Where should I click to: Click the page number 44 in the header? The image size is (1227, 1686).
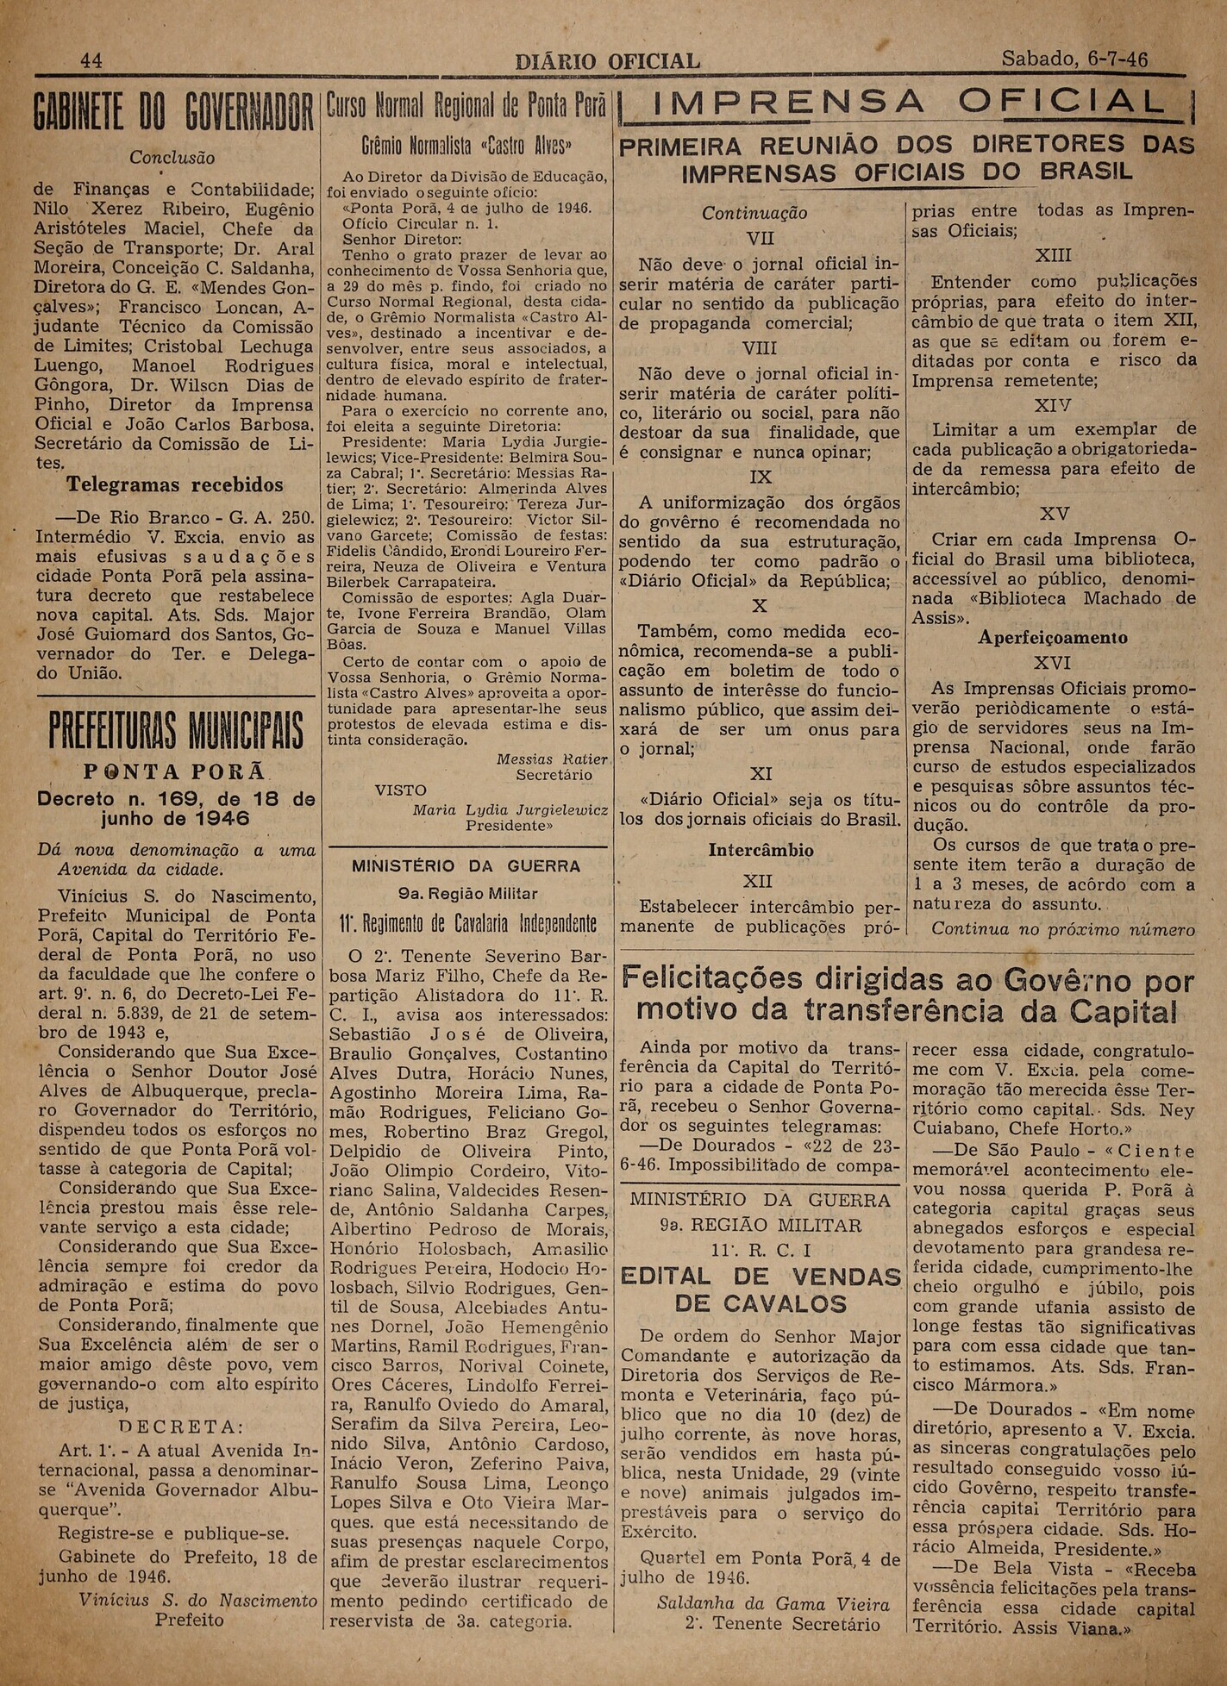coord(91,60)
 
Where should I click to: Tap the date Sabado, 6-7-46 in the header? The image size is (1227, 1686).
coord(1074,59)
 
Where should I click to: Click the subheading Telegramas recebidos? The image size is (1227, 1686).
coord(175,484)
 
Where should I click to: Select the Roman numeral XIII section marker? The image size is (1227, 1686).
coord(1052,256)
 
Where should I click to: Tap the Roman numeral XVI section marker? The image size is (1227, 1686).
coord(1053,663)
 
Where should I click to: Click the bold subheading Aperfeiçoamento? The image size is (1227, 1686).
coord(1053,638)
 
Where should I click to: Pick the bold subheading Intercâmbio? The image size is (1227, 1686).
coord(761,850)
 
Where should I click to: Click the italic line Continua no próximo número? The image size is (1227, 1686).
coord(1063,929)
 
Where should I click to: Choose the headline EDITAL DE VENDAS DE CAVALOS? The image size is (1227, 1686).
coord(761,1289)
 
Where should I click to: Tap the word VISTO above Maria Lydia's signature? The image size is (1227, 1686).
coord(400,790)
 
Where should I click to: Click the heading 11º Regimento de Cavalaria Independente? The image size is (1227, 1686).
coord(468,926)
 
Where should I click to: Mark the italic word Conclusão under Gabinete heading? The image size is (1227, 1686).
coord(172,158)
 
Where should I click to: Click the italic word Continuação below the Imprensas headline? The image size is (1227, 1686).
coord(754,213)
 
